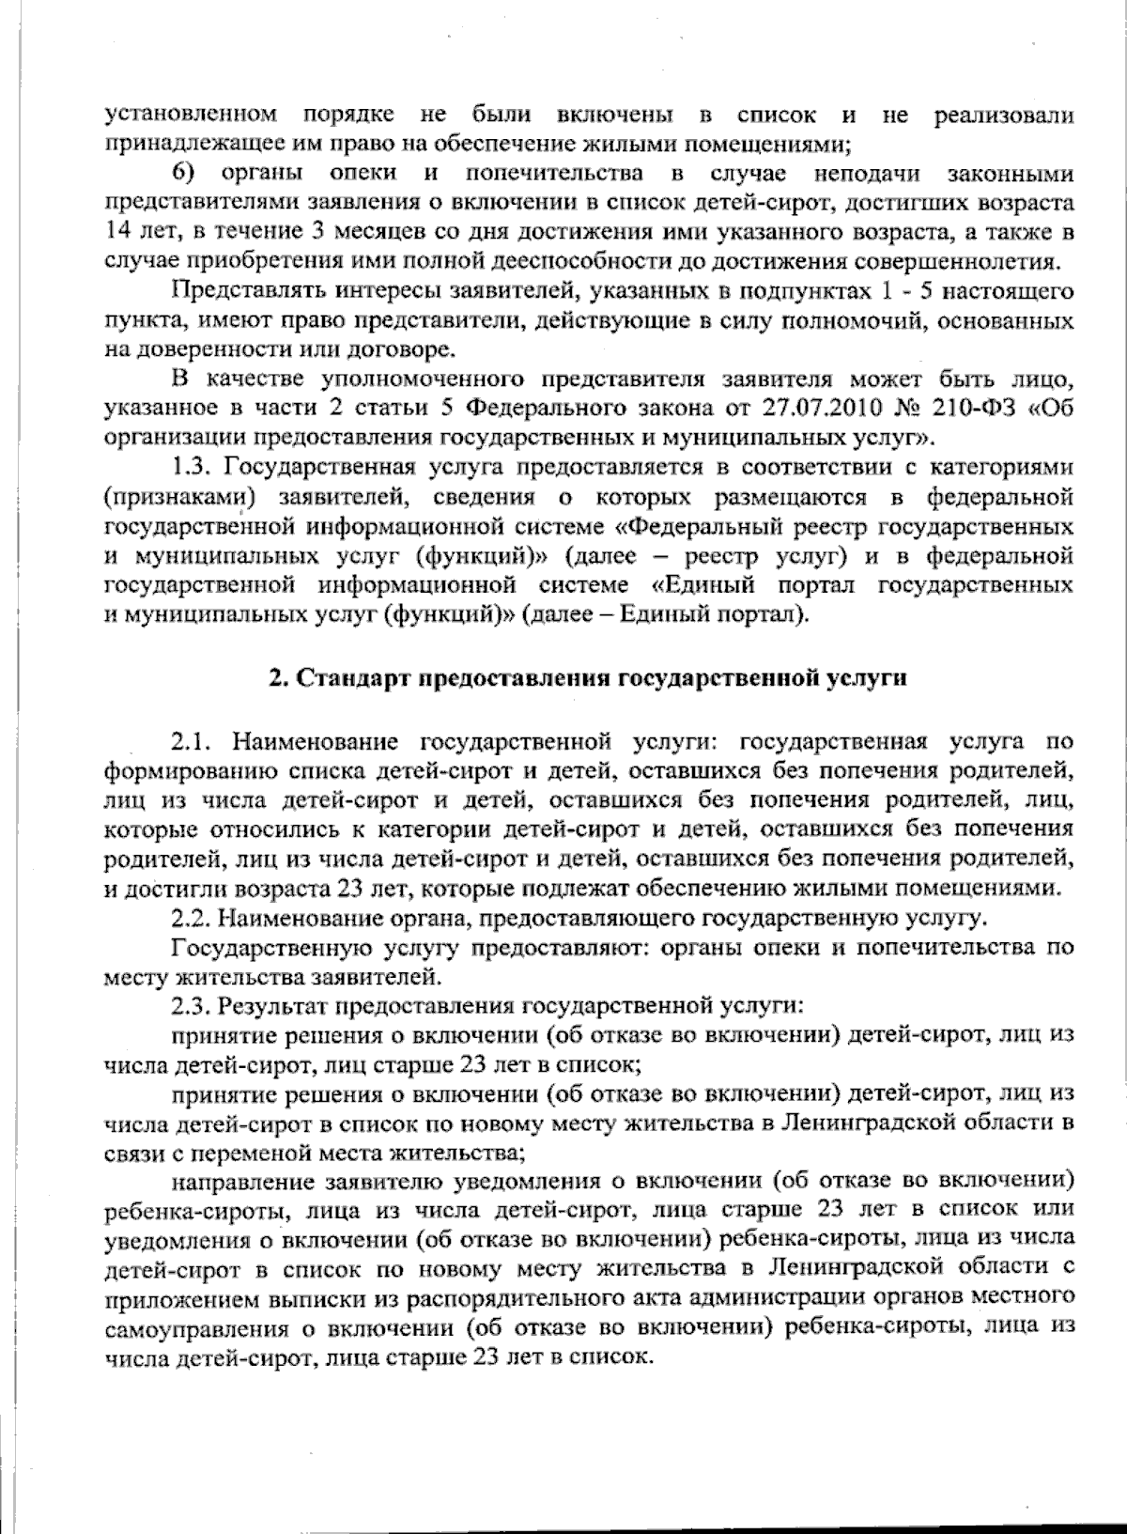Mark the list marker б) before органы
click(188, 173)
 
